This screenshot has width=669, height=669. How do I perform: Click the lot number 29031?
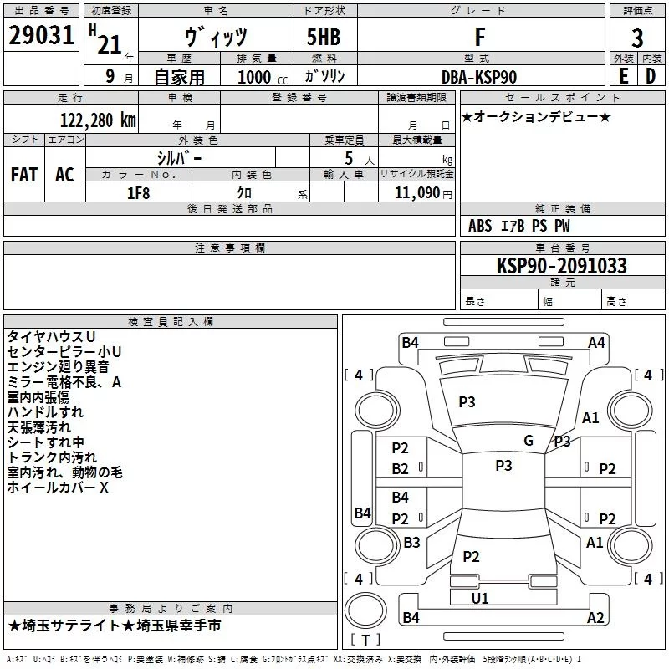(x=40, y=37)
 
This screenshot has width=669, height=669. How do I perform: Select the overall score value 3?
(x=637, y=38)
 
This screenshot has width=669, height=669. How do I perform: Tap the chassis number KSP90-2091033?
(x=561, y=266)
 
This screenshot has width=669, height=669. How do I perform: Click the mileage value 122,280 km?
(x=98, y=119)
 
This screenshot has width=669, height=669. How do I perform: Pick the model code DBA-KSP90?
(x=479, y=77)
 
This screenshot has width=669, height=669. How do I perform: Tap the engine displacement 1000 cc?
(x=261, y=77)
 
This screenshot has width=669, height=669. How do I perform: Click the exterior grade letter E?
(x=623, y=76)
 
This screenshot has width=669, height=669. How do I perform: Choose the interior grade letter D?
(x=651, y=76)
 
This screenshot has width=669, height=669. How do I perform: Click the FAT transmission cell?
(x=24, y=175)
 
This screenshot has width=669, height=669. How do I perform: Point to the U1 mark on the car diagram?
(x=480, y=598)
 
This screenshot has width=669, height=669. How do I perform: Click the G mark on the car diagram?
(x=528, y=440)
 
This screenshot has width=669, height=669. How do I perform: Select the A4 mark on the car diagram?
(x=596, y=342)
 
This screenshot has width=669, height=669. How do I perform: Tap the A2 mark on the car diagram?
(x=595, y=618)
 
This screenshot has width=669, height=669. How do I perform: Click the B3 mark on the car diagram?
(x=411, y=543)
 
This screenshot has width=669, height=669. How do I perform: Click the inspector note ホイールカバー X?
(x=58, y=488)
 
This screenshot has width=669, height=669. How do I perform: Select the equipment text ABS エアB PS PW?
(x=519, y=226)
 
